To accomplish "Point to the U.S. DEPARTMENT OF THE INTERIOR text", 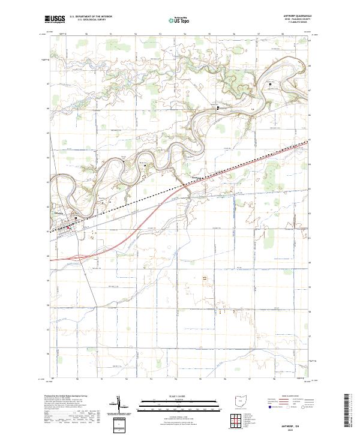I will click(x=91, y=17).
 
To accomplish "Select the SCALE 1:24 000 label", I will click(x=172, y=396).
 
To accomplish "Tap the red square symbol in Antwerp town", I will click(x=68, y=227).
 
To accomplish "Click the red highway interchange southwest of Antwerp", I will click(x=75, y=257).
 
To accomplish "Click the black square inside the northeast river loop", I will click(x=270, y=84).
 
